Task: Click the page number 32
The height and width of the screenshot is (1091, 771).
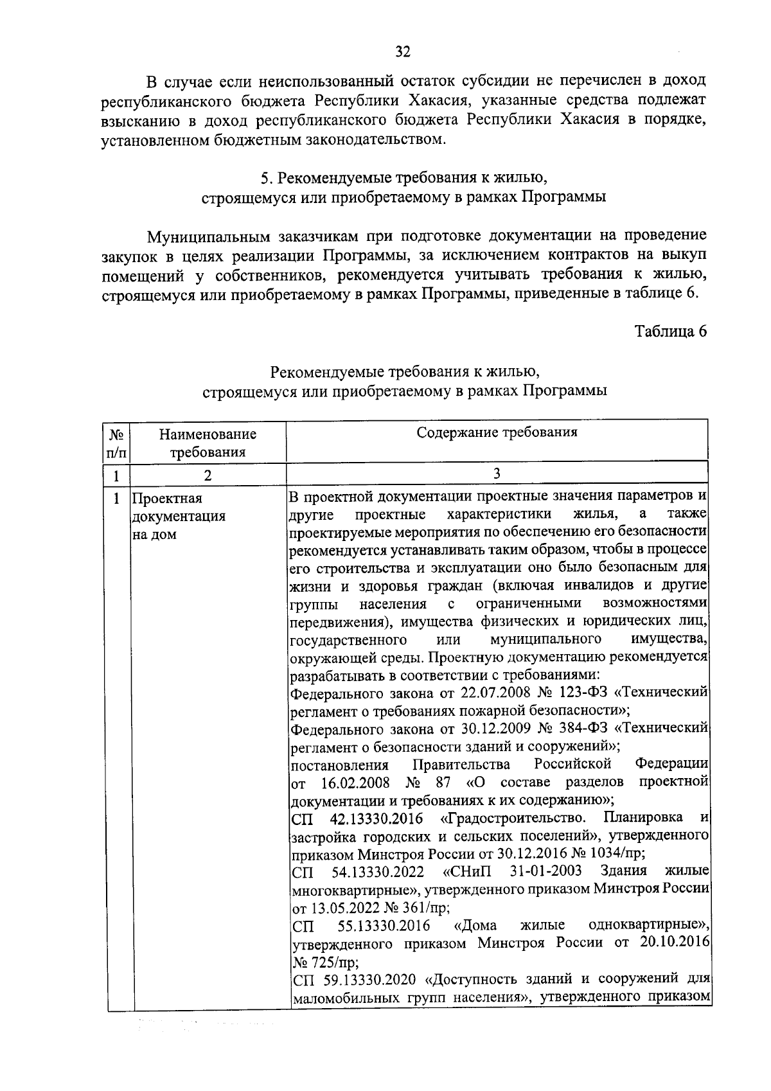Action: coord(403,52)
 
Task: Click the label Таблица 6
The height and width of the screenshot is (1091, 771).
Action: coord(671,332)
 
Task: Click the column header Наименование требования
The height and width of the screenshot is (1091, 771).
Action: coord(208,443)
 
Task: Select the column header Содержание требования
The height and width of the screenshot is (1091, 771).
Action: coord(497,432)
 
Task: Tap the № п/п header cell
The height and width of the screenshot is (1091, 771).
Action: coord(118,443)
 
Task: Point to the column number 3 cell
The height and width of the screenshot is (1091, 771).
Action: coord(497,474)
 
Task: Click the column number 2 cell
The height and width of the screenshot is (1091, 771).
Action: coord(208,476)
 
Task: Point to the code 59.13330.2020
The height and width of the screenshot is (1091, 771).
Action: coord(367,979)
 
